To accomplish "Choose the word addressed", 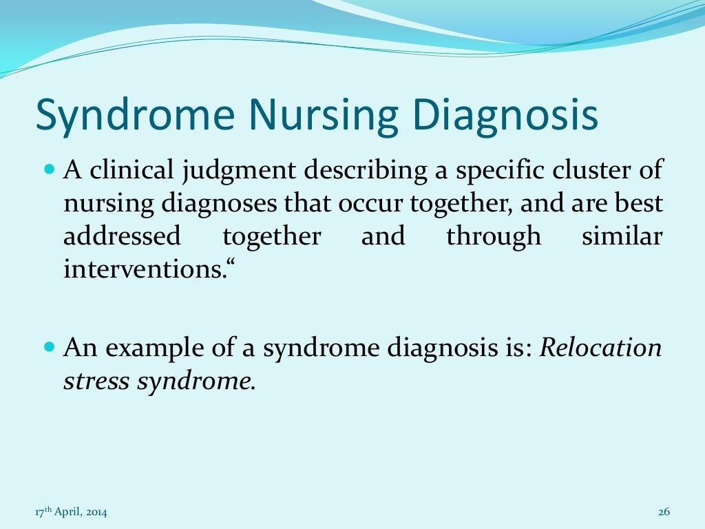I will (x=122, y=236).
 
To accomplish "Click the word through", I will (x=494, y=238).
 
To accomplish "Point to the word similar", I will (x=622, y=236).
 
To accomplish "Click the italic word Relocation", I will (x=600, y=348).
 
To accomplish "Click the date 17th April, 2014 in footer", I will (x=71, y=512).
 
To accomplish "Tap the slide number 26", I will (x=664, y=512).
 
